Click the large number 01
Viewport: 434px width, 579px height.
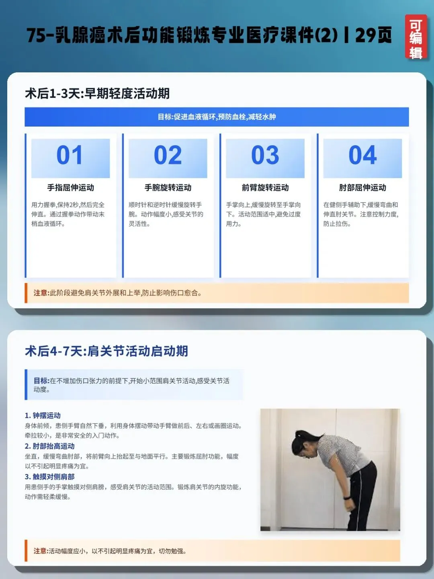pos(70,155)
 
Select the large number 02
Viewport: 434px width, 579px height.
pos(168,155)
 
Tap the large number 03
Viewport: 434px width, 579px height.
pos(265,155)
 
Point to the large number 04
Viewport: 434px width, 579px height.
pos(362,155)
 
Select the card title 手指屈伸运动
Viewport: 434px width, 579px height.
pos(70,187)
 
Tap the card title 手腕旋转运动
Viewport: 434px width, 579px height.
pos(168,187)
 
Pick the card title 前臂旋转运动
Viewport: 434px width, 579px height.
pos(265,187)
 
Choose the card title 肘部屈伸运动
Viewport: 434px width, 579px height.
pos(362,187)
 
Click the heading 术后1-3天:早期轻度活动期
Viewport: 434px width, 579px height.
pos(97,94)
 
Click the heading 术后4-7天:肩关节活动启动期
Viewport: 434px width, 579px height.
pos(106,351)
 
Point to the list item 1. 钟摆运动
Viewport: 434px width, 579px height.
pos(43,416)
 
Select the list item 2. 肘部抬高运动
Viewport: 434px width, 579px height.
pos(49,446)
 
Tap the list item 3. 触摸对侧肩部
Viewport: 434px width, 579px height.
pos(49,477)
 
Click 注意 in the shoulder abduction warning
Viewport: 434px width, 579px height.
pos(40,293)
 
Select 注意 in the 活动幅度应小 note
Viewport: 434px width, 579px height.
pos(40,551)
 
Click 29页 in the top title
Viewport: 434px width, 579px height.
pos(373,35)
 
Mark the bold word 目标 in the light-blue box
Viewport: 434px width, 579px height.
pos(41,381)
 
